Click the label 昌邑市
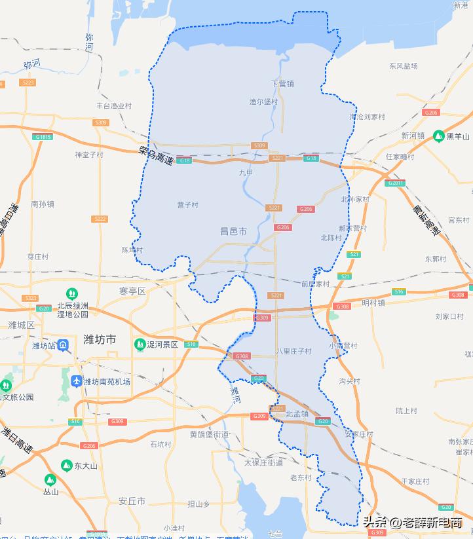click(x=233, y=231)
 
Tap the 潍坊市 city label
click(x=100, y=339)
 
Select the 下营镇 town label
click(x=282, y=84)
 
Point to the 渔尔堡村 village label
click(x=263, y=102)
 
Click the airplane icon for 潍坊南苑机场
click(x=76, y=381)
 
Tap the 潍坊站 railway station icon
click(x=62, y=344)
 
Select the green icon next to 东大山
click(x=66, y=465)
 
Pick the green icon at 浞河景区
click(x=139, y=344)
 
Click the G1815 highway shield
click(x=43, y=136)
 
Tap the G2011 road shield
click(x=396, y=183)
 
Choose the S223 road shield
click(x=28, y=83)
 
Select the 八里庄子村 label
click(x=293, y=352)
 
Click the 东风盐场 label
click(x=403, y=66)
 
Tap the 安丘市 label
click(x=132, y=502)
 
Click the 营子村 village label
click(x=187, y=205)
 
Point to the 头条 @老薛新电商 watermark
click(x=413, y=522)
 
